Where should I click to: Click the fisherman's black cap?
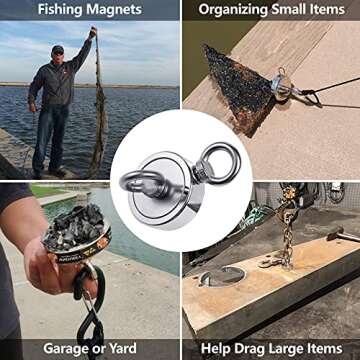57,49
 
